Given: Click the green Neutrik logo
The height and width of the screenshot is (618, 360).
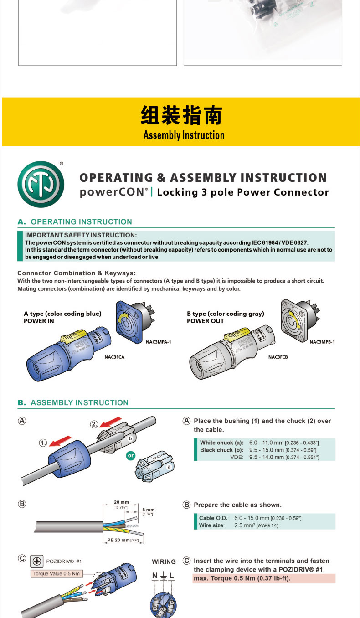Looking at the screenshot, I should tap(41, 184).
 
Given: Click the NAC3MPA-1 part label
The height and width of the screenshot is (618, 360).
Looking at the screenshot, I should tap(159, 341).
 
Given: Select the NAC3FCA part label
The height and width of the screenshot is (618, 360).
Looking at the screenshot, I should tap(114, 357).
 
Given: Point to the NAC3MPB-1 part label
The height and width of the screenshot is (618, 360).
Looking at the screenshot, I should tap(322, 342).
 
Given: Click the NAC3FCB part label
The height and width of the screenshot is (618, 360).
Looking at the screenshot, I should tap(278, 357).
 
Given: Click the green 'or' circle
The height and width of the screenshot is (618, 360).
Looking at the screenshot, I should tap(131, 455).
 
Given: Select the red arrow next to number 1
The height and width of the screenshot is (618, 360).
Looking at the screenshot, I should tap(60, 441).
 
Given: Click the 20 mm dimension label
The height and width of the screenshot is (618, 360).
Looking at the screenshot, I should tap(121, 502).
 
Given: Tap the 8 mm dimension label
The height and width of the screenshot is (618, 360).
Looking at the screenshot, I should tap(148, 510).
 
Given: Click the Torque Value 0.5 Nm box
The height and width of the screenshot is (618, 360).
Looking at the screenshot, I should tap(57, 573).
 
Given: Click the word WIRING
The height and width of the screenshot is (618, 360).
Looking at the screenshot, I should tap(164, 561).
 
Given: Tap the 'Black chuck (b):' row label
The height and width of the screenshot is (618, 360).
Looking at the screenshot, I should tap(221, 450).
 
